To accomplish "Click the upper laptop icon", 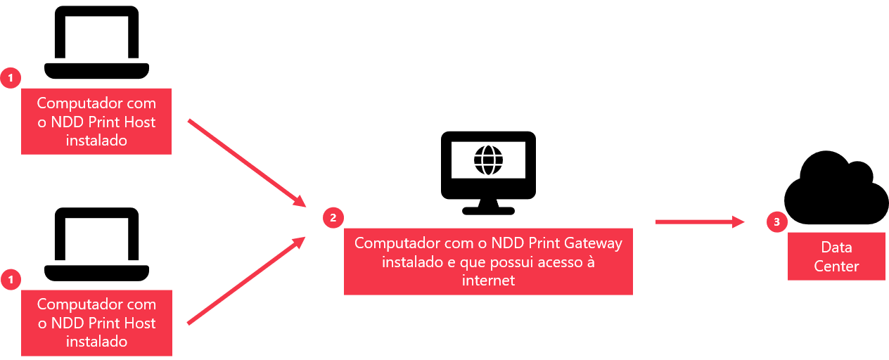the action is [x=96, y=42].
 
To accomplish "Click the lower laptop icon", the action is [x=96, y=244].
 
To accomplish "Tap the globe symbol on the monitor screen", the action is [x=488, y=160].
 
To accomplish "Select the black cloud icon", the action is [x=836, y=187].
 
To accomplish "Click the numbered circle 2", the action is [x=333, y=217].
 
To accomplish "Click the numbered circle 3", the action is [x=776, y=221].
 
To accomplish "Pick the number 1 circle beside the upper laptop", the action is [x=11, y=78].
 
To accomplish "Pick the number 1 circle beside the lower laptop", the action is [x=11, y=279].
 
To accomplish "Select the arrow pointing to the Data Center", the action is [x=700, y=222].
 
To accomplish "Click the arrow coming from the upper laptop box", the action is [x=247, y=163].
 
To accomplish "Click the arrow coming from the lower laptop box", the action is [x=246, y=281].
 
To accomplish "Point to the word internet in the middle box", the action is [x=488, y=281].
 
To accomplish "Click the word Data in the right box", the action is [x=837, y=247].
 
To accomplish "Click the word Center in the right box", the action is [x=837, y=266].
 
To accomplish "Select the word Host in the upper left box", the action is [x=139, y=122].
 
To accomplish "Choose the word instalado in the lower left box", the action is [x=96, y=341].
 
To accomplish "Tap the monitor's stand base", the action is [x=488, y=211].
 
